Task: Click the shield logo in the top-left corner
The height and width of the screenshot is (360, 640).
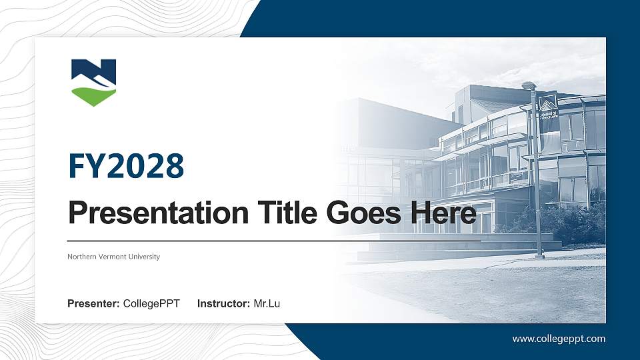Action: [x=93, y=81]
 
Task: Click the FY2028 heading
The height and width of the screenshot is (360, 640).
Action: [x=126, y=167]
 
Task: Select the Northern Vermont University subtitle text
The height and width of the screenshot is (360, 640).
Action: [x=113, y=257]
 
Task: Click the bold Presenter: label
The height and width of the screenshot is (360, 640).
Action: [x=93, y=304]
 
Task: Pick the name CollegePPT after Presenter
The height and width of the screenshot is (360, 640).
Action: [x=151, y=304]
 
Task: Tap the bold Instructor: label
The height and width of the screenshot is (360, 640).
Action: [x=224, y=304]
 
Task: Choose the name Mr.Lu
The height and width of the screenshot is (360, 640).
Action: [x=267, y=304]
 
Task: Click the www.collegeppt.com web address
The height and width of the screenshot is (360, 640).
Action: [x=559, y=339]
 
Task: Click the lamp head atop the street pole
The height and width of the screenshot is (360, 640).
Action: [x=529, y=85]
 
